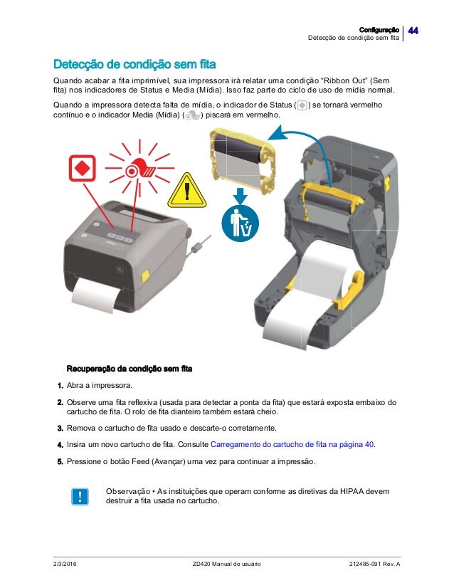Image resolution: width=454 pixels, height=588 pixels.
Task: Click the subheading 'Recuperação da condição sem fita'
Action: [x=130, y=369]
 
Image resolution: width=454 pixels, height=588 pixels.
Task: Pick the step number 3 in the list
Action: [x=60, y=429]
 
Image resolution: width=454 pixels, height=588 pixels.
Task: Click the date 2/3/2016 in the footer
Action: [x=67, y=564]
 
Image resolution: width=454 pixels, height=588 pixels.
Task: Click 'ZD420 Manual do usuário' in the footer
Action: [x=227, y=564]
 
